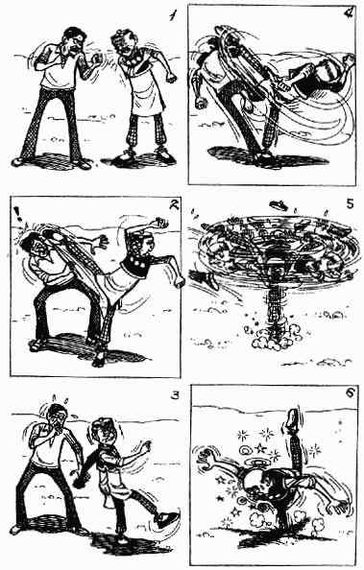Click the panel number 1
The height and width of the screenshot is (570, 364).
pyautogui.click(x=173, y=15)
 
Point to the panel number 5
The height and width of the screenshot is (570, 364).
pyautogui.click(x=350, y=204)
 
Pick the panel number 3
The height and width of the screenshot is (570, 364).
pyautogui.click(x=175, y=395)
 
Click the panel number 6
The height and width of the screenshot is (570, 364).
pyautogui.click(x=349, y=393)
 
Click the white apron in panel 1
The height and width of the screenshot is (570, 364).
pyautogui.click(x=146, y=91)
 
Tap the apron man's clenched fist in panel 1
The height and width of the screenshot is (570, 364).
pyautogui.click(x=170, y=78)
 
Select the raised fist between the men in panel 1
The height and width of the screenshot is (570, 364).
pyautogui.click(x=97, y=59)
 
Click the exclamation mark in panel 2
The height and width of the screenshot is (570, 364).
pyautogui.click(x=16, y=213)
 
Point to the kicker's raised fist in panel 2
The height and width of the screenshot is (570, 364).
pyautogui.click(x=160, y=223)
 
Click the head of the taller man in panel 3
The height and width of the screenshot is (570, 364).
pyautogui.click(x=57, y=416)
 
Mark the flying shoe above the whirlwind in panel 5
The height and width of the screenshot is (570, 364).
pyautogui.click(x=279, y=205)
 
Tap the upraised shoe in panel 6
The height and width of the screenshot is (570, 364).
pyautogui.click(x=293, y=419)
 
